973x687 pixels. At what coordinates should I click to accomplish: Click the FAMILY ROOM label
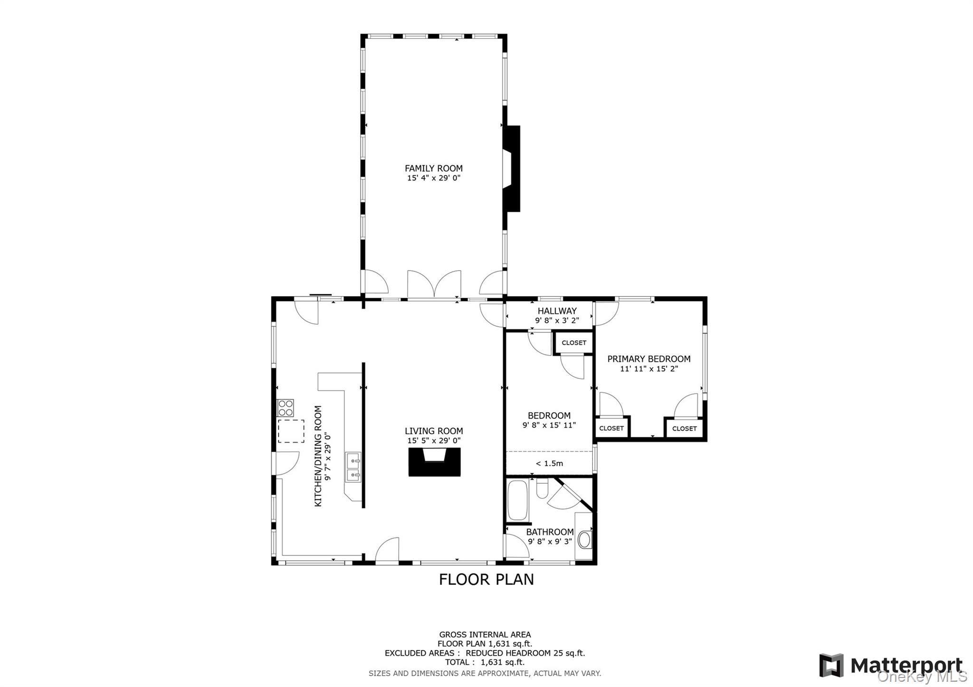pos(433,168)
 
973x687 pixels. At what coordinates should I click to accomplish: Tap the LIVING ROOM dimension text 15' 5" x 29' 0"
pos(433,441)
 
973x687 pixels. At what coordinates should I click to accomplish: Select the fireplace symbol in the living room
pos(434,462)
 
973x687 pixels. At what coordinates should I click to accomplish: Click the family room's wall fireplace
pos(512,169)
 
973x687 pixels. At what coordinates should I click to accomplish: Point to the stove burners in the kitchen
pos(286,408)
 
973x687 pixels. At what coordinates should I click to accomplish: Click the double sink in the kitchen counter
pos(353,467)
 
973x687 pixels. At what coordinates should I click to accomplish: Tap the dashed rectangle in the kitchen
pos(291,431)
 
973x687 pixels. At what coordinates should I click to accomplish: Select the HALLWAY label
pos(557,311)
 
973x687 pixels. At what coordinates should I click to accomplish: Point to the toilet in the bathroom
pos(543,489)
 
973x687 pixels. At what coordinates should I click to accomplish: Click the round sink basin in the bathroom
pos(584,540)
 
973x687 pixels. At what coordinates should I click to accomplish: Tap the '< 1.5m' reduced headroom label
pos(549,463)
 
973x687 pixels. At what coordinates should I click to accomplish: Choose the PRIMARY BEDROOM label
pos(649,359)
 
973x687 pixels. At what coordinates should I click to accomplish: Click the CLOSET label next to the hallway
pos(574,343)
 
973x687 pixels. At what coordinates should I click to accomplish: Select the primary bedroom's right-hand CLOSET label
pos(684,428)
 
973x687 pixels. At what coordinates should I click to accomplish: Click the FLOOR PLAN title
pos(486,579)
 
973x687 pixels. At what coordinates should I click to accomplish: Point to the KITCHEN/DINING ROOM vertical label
pos(318,456)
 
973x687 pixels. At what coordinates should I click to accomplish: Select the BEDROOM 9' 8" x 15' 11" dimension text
pos(549,425)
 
